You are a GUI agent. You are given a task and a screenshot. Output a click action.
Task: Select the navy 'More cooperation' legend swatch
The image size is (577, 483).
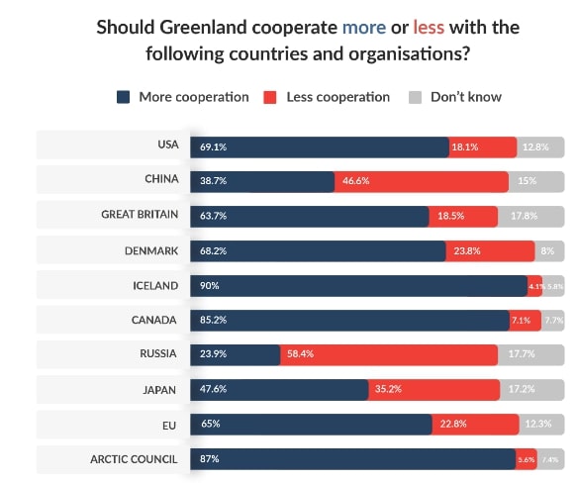click(124, 97)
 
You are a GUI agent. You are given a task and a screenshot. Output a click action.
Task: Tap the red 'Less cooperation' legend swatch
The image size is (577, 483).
click(268, 97)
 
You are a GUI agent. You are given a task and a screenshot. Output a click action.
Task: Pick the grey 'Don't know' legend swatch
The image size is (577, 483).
click(415, 97)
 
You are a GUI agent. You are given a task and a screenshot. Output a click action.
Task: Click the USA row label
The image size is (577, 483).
click(167, 145)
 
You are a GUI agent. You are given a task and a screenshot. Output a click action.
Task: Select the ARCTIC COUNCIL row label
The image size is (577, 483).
click(134, 459)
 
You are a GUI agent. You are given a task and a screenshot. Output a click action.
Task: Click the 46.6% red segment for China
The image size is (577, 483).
click(422, 181)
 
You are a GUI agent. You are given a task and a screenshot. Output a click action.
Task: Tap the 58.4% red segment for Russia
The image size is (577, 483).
click(388, 355)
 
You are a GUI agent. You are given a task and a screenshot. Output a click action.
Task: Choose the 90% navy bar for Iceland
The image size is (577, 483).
click(358, 286)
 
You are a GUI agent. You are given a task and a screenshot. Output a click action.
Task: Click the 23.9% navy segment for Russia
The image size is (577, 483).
click(235, 355)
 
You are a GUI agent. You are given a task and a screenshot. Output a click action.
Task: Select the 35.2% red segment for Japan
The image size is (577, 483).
click(433, 390)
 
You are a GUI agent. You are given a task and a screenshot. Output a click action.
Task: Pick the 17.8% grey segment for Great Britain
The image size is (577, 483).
click(530, 216)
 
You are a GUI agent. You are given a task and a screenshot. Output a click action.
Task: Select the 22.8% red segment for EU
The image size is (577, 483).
click(475, 425)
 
